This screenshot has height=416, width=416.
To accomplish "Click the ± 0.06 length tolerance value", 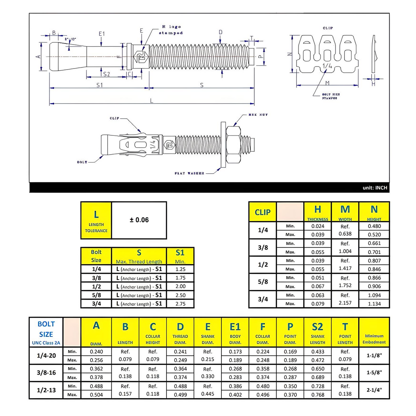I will (139, 220).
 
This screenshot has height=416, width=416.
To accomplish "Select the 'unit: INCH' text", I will (375, 188).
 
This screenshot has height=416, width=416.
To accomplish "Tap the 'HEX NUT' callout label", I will (258, 115).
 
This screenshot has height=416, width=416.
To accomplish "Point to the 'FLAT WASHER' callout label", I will (189, 173).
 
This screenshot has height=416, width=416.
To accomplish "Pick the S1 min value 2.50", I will (180, 295).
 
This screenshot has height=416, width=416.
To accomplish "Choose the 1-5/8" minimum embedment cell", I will (374, 372).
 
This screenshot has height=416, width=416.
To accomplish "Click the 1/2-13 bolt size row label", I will (46, 390).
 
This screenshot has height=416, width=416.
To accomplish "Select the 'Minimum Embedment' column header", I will (374, 339).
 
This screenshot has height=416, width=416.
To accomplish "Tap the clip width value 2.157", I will (345, 303).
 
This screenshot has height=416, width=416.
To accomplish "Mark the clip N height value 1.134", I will (374, 304).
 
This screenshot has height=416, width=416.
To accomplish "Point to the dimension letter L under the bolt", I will (152, 101).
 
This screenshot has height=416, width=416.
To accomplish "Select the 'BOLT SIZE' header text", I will (46, 329).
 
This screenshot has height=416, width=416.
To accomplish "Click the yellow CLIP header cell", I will (262, 212).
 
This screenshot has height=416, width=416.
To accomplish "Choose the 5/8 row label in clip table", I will (262, 282).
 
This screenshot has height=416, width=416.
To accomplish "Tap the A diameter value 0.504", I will (96, 394).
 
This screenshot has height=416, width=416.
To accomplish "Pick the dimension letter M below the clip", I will (327, 83).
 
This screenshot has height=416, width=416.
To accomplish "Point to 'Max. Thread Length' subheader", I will (139, 261).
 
